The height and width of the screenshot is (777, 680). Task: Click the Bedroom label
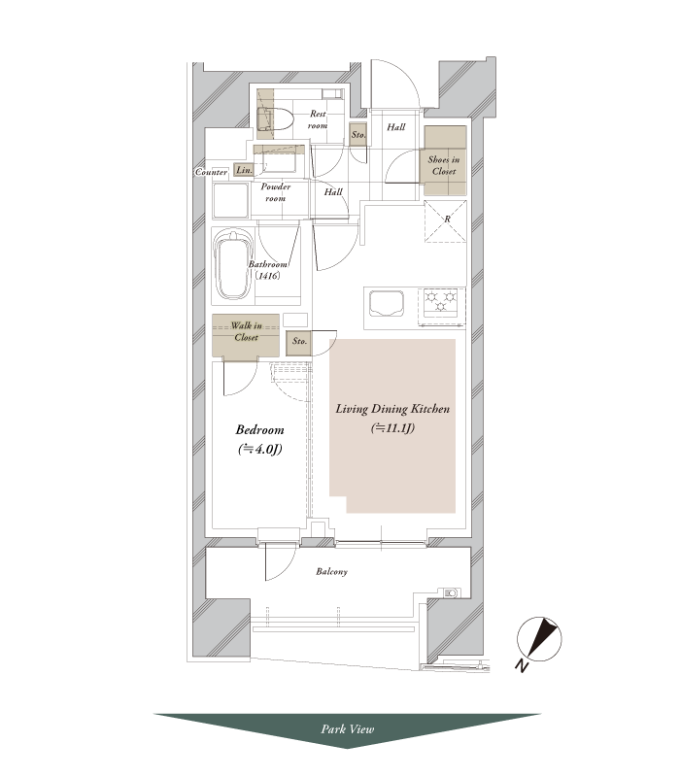pyautogui.click(x=259, y=430)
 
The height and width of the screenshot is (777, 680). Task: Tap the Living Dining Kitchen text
pyautogui.click(x=392, y=409)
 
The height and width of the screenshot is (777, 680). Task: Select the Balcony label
pyautogui.click(x=331, y=571)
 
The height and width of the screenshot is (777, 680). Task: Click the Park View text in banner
pyautogui.click(x=348, y=729)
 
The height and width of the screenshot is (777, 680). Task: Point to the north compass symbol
pyautogui.click(x=539, y=640)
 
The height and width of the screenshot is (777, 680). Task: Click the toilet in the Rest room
pyautogui.click(x=275, y=118)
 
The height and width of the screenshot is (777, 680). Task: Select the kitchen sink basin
pyautogui.click(x=387, y=303)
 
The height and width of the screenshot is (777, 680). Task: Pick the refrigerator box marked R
pyautogui.click(x=445, y=221)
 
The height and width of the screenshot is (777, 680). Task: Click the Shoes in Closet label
pyautogui.click(x=444, y=165)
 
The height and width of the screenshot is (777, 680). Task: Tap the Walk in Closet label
pyautogui.click(x=247, y=331)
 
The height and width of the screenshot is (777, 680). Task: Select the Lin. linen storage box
pyautogui.click(x=244, y=170)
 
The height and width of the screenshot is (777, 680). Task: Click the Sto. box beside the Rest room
pyautogui.click(x=358, y=134)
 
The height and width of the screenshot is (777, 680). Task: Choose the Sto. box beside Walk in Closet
pyautogui.click(x=299, y=342)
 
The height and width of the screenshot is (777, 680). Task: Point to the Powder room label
pyautogui.click(x=276, y=192)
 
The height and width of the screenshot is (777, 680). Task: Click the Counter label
pyautogui.click(x=211, y=173)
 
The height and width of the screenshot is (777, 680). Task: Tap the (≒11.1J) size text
pyautogui.click(x=392, y=428)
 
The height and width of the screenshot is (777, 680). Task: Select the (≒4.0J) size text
pyautogui.click(x=259, y=450)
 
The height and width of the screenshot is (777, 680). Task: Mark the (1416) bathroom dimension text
pyautogui.click(x=268, y=276)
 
